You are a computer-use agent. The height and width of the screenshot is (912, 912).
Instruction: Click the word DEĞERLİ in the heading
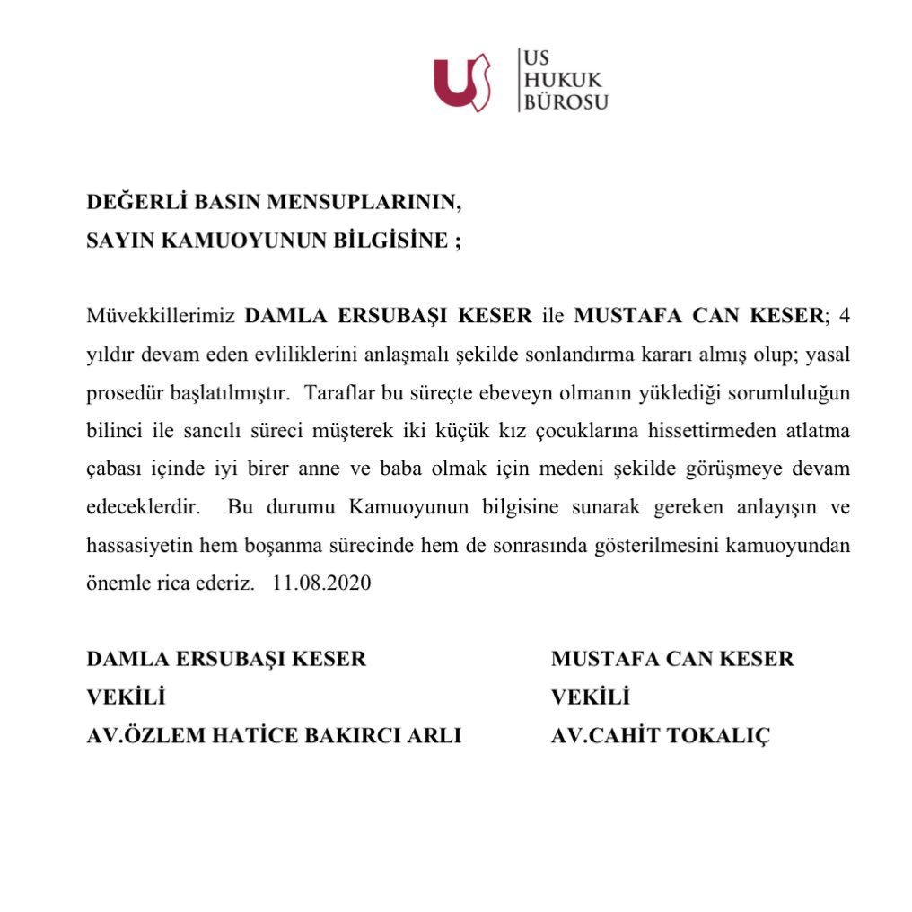[135, 201]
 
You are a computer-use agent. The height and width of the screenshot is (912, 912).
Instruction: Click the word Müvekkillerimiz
[161, 316]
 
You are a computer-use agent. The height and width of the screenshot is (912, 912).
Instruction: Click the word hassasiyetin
[135, 545]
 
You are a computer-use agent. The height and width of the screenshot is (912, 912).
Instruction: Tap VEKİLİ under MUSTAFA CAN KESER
[591, 697]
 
